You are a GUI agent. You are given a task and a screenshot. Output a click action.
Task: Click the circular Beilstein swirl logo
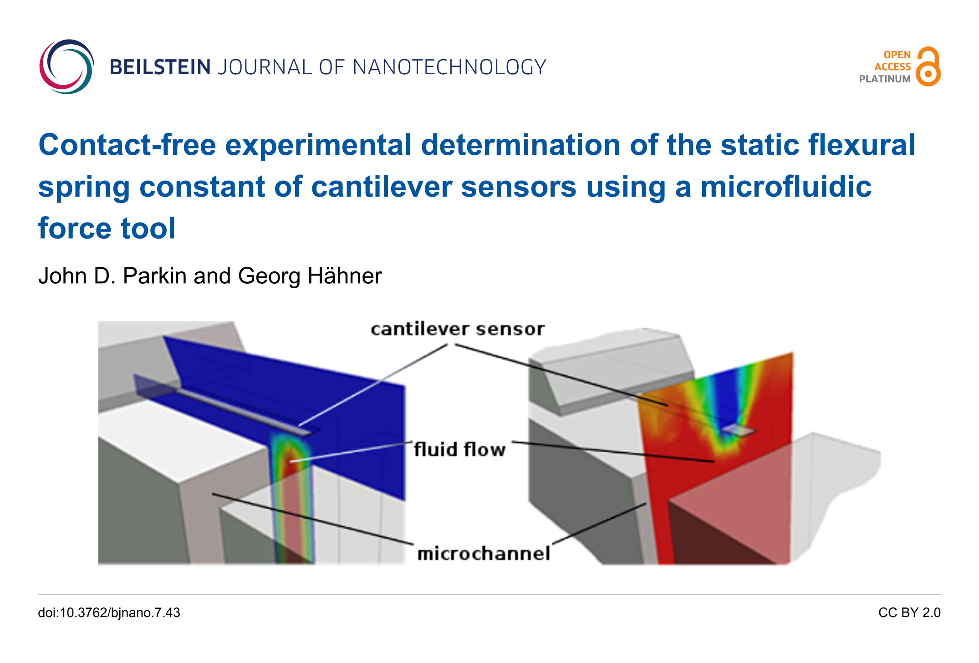[66, 66]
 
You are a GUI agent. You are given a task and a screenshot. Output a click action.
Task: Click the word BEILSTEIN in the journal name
[160, 67]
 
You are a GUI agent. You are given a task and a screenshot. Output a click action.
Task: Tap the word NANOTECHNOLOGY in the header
[449, 67]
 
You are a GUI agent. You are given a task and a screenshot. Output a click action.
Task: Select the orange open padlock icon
[928, 66]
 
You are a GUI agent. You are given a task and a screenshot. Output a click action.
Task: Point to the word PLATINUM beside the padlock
[885, 79]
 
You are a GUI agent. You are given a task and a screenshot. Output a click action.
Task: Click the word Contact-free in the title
[127, 145]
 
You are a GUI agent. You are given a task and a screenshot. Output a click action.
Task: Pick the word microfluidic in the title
[786, 187]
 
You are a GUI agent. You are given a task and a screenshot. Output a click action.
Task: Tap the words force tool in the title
[107, 228]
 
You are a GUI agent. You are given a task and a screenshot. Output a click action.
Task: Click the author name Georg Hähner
[310, 276]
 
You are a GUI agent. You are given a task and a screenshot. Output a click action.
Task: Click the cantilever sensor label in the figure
[458, 329]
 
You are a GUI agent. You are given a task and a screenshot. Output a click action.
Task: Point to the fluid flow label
[460, 449]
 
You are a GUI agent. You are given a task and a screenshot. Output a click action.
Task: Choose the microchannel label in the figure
[484, 554]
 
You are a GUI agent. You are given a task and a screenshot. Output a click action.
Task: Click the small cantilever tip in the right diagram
[739, 430]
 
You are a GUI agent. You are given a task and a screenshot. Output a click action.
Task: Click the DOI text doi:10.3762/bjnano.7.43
[109, 613]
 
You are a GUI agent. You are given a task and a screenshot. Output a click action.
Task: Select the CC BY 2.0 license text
[909, 613]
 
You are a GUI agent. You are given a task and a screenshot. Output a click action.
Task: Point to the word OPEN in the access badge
[897, 55]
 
